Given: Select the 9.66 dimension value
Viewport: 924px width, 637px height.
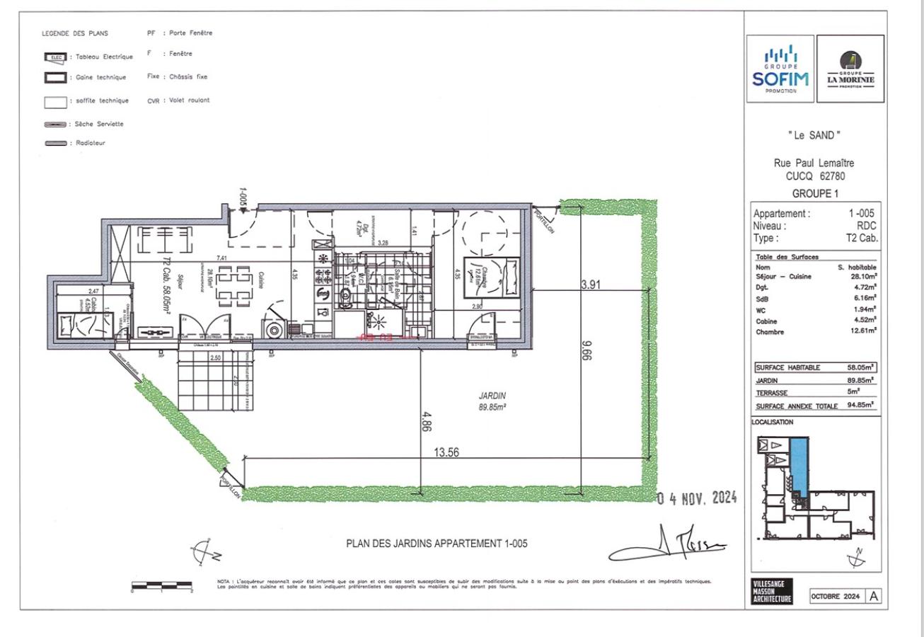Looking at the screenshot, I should tap(585, 350).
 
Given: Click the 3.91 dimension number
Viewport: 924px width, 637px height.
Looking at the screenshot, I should tap(591, 284).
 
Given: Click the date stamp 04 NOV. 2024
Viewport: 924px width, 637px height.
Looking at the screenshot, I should tap(696, 499).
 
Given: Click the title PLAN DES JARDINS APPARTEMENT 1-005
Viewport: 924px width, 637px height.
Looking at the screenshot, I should tap(437, 544).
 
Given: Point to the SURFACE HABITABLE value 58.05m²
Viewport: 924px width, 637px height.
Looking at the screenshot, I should tap(860, 367).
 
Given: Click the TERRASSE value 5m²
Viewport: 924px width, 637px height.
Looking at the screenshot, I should tap(865, 391).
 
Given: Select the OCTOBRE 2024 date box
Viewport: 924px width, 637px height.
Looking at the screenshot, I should tap(836, 596).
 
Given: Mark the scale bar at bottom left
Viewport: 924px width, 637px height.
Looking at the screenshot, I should tap(162, 585).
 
